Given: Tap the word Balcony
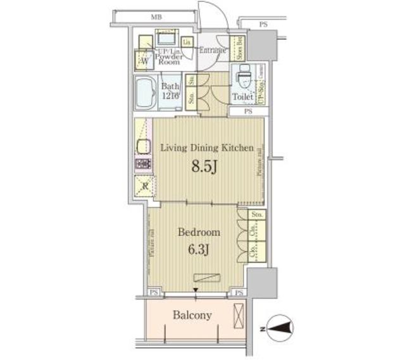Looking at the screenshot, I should pyautogui.click(x=193, y=314).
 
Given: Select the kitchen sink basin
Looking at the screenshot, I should pyautogui.click(x=143, y=146).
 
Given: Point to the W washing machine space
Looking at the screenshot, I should pyautogui.click(x=144, y=61).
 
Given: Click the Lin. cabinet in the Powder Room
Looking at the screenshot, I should pyautogui.click(x=187, y=42).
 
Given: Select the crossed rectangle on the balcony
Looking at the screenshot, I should pyautogui.click(x=239, y=314).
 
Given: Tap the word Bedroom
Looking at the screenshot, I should pyautogui.click(x=198, y=232).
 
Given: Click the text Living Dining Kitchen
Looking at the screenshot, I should pyautogui.click(x=207, y=148).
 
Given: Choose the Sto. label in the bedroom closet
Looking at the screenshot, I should pyautogui.click(x=256, y=215).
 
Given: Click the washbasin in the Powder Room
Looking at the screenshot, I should pyautogui.click(x=167, y=37).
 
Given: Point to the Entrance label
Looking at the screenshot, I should pyautogui.click(x=214, y=51).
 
